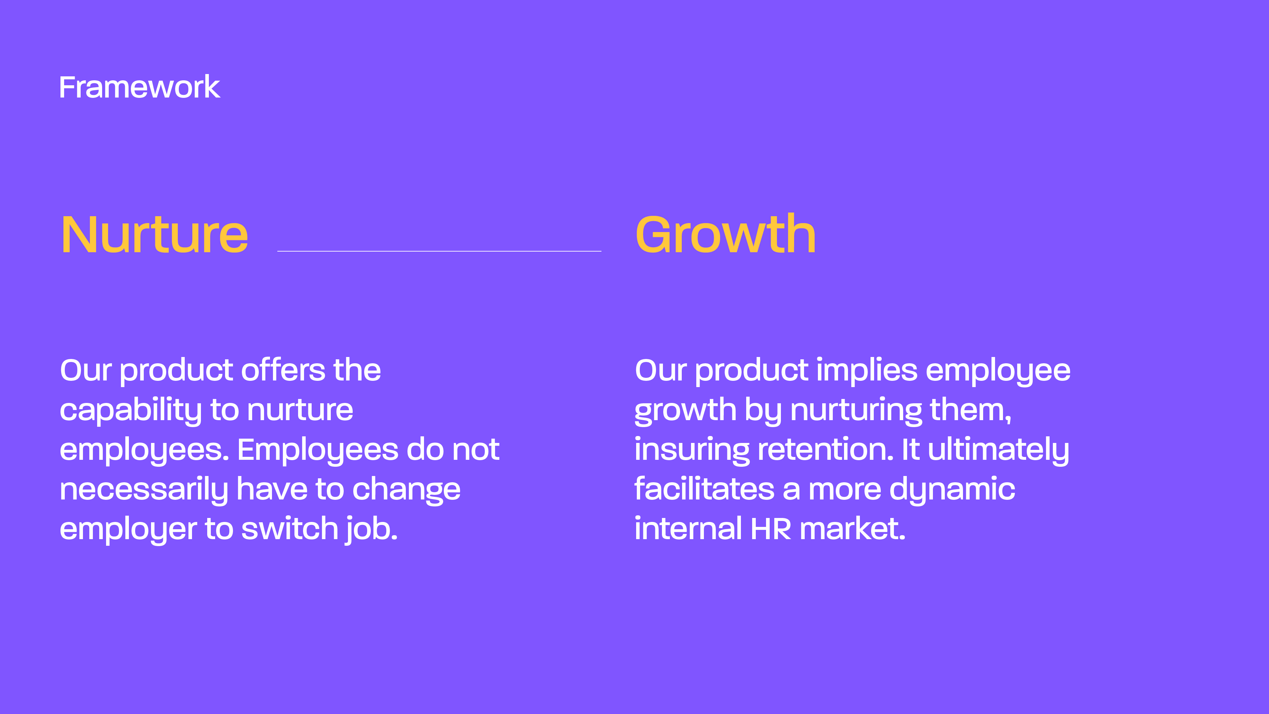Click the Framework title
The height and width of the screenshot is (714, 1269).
[x=139, y=87]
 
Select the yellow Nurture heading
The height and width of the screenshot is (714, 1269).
[x=154, y=235]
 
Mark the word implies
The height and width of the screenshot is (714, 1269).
[x=867, y=371]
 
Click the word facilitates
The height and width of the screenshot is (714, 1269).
[x=705, y=489]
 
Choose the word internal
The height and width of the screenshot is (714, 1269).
[x=688, y=528]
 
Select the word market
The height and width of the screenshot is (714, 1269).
[x=852, y=528]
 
